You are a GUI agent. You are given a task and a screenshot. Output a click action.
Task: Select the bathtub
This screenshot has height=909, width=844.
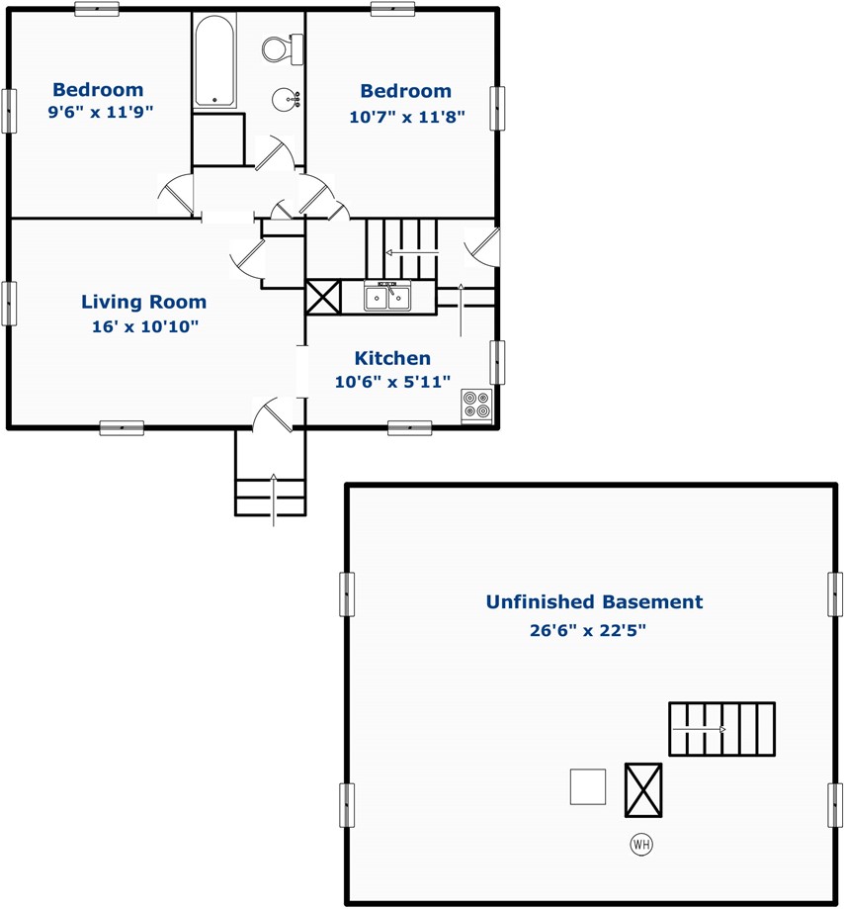214,61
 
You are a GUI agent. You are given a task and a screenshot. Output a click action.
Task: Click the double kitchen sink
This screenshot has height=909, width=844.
387,296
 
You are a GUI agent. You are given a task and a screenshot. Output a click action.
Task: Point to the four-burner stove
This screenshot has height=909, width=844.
476,406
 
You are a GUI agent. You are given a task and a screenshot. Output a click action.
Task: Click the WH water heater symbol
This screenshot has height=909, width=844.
641,844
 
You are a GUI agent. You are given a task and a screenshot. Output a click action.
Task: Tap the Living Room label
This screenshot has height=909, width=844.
143,302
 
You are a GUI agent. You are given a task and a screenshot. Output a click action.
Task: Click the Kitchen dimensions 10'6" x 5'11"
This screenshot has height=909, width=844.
392,382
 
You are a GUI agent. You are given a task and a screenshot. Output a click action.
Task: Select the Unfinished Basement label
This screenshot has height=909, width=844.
594,601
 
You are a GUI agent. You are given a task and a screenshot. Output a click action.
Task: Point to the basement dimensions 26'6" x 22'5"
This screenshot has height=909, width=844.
587,630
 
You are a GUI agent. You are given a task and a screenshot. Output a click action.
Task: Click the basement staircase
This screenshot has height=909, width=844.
721,729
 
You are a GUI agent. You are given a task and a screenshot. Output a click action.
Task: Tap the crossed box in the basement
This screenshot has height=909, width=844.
643,790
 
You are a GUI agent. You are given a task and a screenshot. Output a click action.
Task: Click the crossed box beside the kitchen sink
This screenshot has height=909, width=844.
323,298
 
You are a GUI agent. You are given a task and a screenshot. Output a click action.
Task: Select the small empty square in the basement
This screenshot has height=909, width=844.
588,786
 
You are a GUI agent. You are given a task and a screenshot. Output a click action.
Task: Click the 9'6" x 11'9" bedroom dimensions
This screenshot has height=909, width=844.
100,112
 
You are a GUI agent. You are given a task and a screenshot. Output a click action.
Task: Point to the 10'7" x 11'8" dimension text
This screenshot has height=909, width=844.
406,117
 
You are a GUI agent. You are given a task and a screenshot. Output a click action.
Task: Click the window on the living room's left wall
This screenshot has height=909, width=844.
9,304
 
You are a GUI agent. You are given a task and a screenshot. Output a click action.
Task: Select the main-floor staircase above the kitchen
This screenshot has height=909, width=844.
401,248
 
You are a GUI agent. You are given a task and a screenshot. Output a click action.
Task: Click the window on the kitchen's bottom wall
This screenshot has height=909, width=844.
409,428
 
